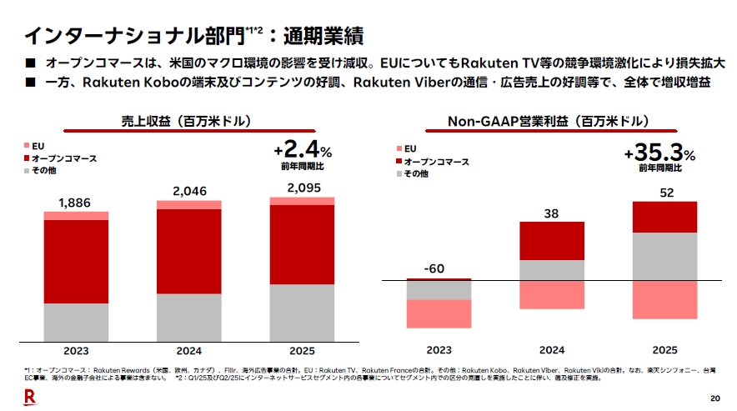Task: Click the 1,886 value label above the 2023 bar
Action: [76, 203]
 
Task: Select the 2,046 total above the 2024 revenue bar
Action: [190, 192]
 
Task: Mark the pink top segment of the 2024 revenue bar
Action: [190, 205]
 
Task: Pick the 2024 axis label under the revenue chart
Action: [190, 351]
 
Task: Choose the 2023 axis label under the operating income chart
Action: [439, 350]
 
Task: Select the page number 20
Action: [714, 398]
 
